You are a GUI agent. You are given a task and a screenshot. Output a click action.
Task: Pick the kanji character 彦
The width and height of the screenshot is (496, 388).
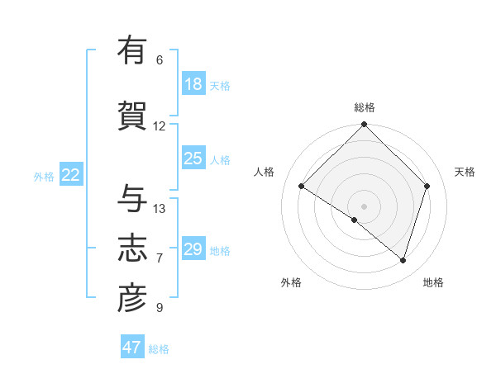(x=131, y=298)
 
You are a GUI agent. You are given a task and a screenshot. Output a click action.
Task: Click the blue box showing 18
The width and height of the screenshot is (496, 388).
(x=193, y=84)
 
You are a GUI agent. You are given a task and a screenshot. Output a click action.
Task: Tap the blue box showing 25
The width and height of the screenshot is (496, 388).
(x=193, y=159)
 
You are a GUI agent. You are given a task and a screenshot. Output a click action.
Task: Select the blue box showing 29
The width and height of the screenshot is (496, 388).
(x=193, y=249)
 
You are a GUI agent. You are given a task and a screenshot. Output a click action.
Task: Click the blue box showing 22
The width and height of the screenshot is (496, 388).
(x=71, y=175)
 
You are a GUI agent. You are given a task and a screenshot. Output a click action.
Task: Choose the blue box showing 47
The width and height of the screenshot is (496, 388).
(x=132, y=348)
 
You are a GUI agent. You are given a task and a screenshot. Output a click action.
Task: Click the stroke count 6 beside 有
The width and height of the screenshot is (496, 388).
(x=160, y=60)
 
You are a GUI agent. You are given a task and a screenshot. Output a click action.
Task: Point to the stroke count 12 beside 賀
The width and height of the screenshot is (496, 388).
(x=160, y=126)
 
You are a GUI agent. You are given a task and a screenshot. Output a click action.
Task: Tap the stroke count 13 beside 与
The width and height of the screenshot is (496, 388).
(x=160, y=209)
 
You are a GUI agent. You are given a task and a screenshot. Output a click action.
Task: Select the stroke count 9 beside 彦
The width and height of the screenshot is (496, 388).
(x=160, y=308)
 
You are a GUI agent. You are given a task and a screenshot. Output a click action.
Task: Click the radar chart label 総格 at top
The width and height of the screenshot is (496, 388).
(x=364, y=108)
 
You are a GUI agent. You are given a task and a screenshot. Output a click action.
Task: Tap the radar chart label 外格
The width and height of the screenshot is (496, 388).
(x=291, y=282)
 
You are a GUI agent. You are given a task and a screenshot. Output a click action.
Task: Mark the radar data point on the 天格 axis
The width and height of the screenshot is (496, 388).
(x=427, y=186)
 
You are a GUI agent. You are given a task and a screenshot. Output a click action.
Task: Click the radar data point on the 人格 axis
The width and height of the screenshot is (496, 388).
(x=302, y=187)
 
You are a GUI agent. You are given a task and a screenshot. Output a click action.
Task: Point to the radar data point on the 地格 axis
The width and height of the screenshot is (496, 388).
(x=403, y=260)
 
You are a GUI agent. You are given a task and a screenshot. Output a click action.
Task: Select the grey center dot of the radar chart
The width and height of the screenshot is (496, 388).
(x=364, y=206)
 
